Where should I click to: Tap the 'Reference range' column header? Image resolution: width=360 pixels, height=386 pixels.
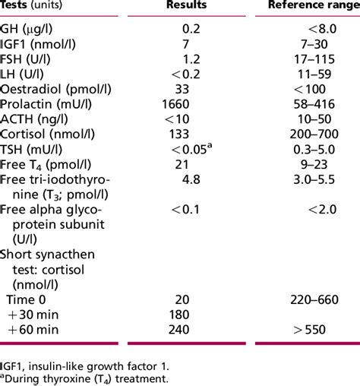tap(313, 7)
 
